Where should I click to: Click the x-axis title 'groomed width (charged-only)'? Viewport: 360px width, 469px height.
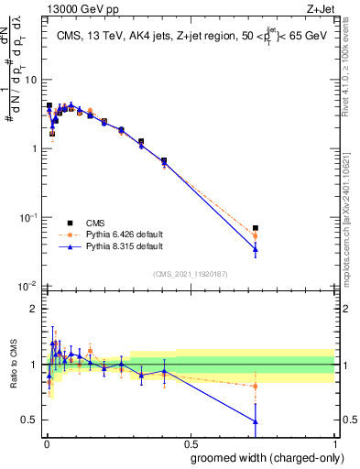(263, 457)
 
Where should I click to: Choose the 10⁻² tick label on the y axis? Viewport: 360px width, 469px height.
(27, 286)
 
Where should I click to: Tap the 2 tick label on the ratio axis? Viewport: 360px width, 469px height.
(35, 309)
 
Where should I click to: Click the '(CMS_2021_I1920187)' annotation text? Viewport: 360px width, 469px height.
(190, 274)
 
